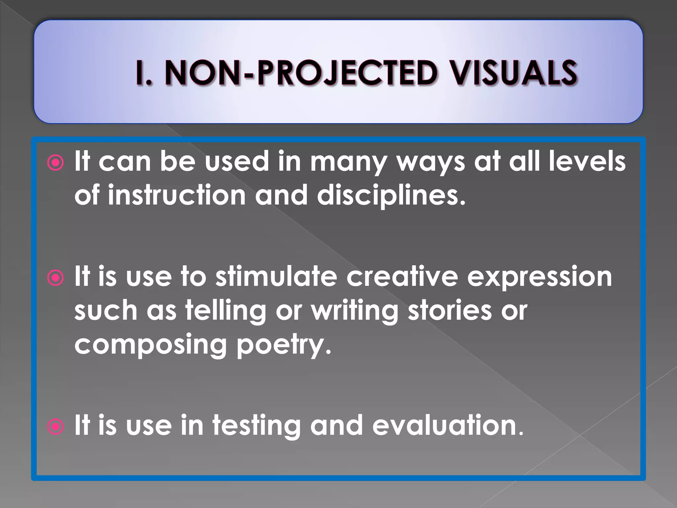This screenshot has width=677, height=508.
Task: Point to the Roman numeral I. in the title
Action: click(x=144, y=73)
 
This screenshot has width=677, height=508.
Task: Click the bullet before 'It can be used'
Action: click(x=55, y=163)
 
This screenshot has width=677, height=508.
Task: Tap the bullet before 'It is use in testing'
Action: click(x=55, y=427)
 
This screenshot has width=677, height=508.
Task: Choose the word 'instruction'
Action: click(x=177, y=195)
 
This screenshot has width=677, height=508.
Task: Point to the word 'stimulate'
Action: click(x=276, y=276)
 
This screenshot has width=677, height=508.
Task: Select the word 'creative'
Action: click(x=402, y=276)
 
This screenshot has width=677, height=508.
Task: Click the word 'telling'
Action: click(x=226, y=311)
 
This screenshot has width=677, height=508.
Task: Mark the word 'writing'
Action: click(x=355, y=311)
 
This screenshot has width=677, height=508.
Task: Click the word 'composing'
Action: click(x=150, y=345)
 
